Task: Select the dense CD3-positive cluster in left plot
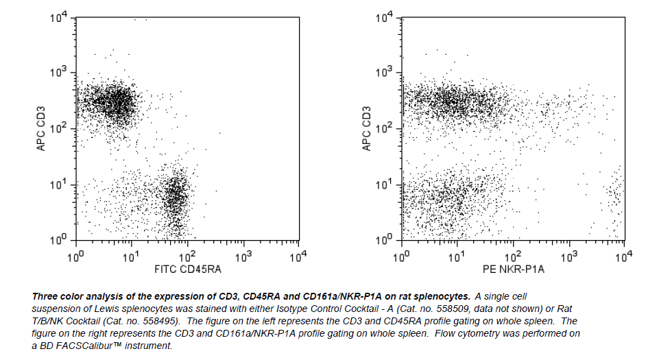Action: pos(115,103)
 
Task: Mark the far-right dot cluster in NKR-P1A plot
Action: pos(615,195)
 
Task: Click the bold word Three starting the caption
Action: pos(45,296)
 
